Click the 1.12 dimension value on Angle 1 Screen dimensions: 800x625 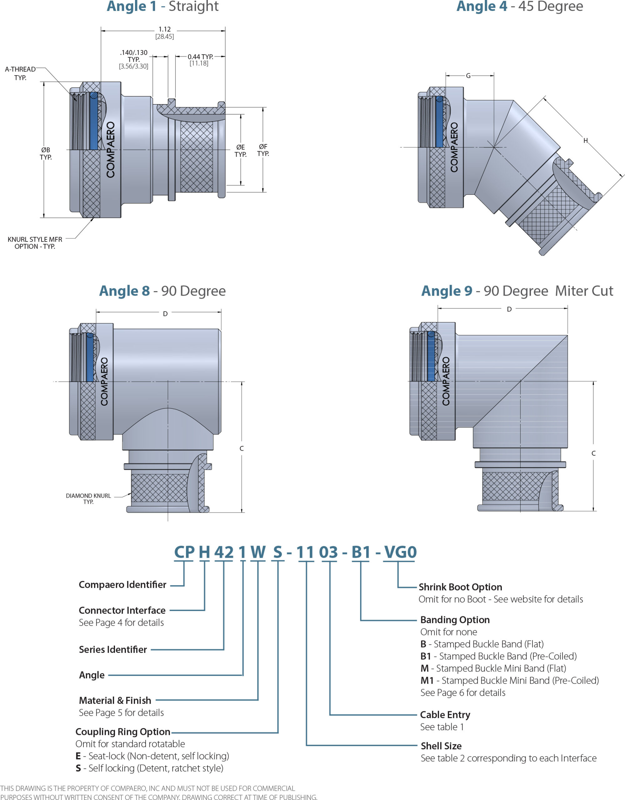pos(164,29)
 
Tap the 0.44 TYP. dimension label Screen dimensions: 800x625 pos(200,57)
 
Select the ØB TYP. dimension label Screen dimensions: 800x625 pos(46,153)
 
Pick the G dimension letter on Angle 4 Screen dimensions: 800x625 pos(468,76)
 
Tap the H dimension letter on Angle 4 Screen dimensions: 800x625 pos(585,141)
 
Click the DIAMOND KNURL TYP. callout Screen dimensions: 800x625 pos(88,498)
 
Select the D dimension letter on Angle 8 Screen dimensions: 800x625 pos(165,314)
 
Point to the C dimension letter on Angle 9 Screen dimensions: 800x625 pos(593,453)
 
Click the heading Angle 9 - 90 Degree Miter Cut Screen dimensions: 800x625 pos(517,291)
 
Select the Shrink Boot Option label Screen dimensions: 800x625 pos(460,587)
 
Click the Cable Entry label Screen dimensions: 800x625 pos(445,715)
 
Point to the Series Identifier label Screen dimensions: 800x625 pos(113,649)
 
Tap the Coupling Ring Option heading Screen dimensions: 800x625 pos(123,732)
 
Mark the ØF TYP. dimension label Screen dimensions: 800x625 pos(263,150)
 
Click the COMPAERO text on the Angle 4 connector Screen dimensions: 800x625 pos(454,147)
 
